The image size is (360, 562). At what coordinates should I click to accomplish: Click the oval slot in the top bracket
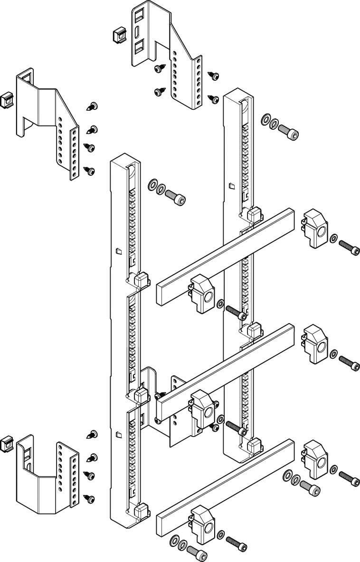137,32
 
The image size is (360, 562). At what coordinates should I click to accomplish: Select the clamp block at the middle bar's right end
314,344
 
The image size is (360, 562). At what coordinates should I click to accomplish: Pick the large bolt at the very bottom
197,552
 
